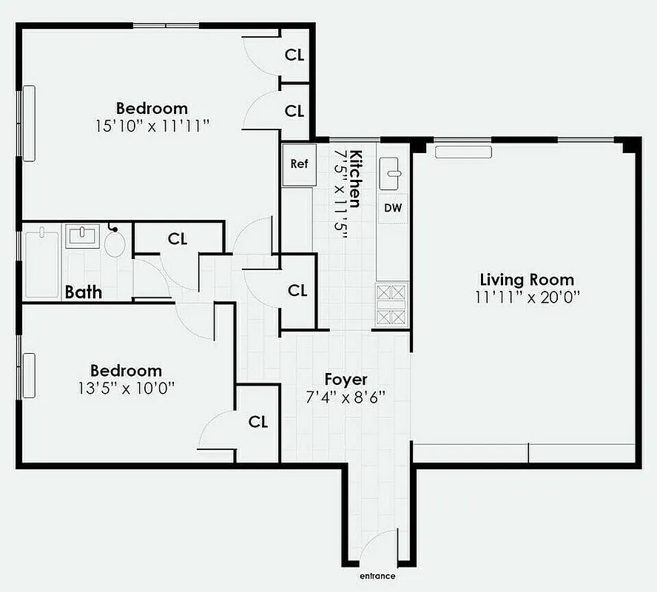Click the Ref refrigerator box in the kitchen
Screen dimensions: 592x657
[299, 164]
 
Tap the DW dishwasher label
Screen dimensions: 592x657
[393, 208]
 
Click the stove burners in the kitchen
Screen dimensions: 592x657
[392, 305]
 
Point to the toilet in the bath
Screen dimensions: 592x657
[115, 243]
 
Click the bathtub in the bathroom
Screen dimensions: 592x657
[41, 263]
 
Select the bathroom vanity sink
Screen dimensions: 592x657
[83, 237]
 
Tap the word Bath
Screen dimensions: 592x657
[84, 292]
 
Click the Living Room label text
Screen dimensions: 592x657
[527, 280]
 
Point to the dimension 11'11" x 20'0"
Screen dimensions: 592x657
[527, 297]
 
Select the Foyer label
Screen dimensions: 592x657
[346, 380]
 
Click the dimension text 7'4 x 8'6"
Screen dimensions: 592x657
[346, 397]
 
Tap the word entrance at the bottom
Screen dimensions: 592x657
[377, 576]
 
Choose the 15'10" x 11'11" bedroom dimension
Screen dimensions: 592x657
[152, 125]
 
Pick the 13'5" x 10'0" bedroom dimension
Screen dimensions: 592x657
[126, 387]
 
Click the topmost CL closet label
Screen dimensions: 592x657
[294, 55]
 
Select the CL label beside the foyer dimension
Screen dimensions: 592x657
[257, 422]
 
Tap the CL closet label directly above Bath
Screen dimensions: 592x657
[178, 239]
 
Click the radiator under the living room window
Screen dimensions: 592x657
[463, 152]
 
